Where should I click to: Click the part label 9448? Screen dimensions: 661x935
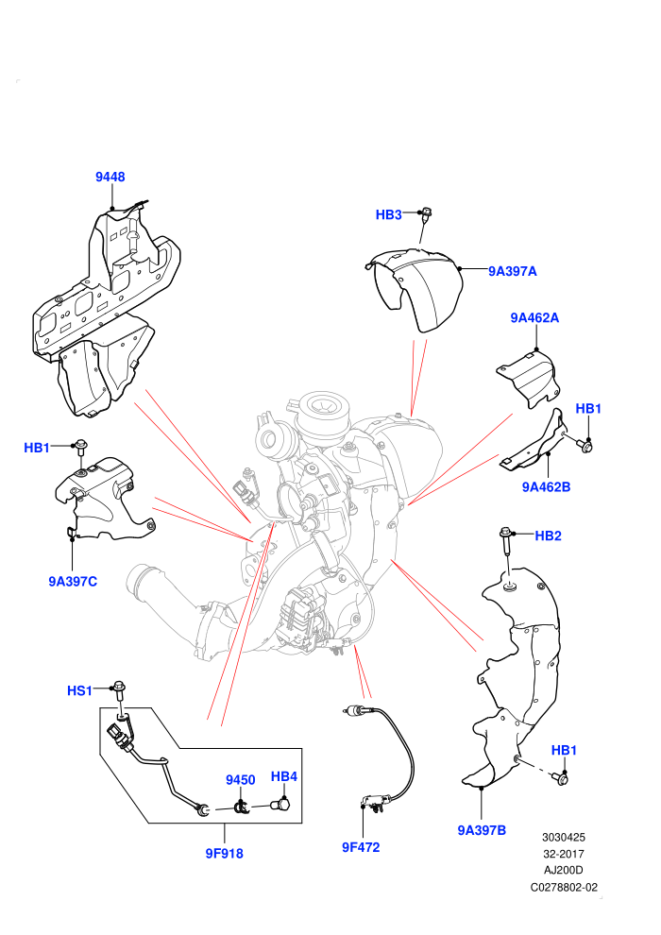[110, 177]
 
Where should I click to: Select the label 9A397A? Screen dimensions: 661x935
[513, 271]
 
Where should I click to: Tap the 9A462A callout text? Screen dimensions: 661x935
[534, 318]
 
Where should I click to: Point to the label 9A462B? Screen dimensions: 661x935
[546, 487]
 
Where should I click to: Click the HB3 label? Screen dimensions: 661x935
[389, 214]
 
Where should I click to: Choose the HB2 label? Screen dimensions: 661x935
[549, 536]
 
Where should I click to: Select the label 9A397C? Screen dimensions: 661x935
[73, 582]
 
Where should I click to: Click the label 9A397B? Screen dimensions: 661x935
[482, 830]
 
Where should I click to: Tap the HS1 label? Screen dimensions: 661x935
[80, 690]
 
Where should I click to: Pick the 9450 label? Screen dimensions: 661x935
[240, 780]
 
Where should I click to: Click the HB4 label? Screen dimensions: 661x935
[283, 776]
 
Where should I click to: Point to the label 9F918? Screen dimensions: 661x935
[224, 854]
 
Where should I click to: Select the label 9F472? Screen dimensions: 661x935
[361, 847]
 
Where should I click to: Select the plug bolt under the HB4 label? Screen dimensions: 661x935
[280, 805]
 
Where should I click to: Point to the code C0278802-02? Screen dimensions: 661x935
[564, 887]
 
